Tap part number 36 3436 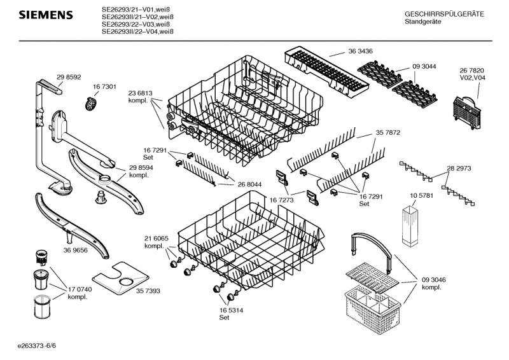[360, 50]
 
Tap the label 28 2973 [459, 169]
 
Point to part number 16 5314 [224, 310]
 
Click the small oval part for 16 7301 [92, 101]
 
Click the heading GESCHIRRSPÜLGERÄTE [444, 13]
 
